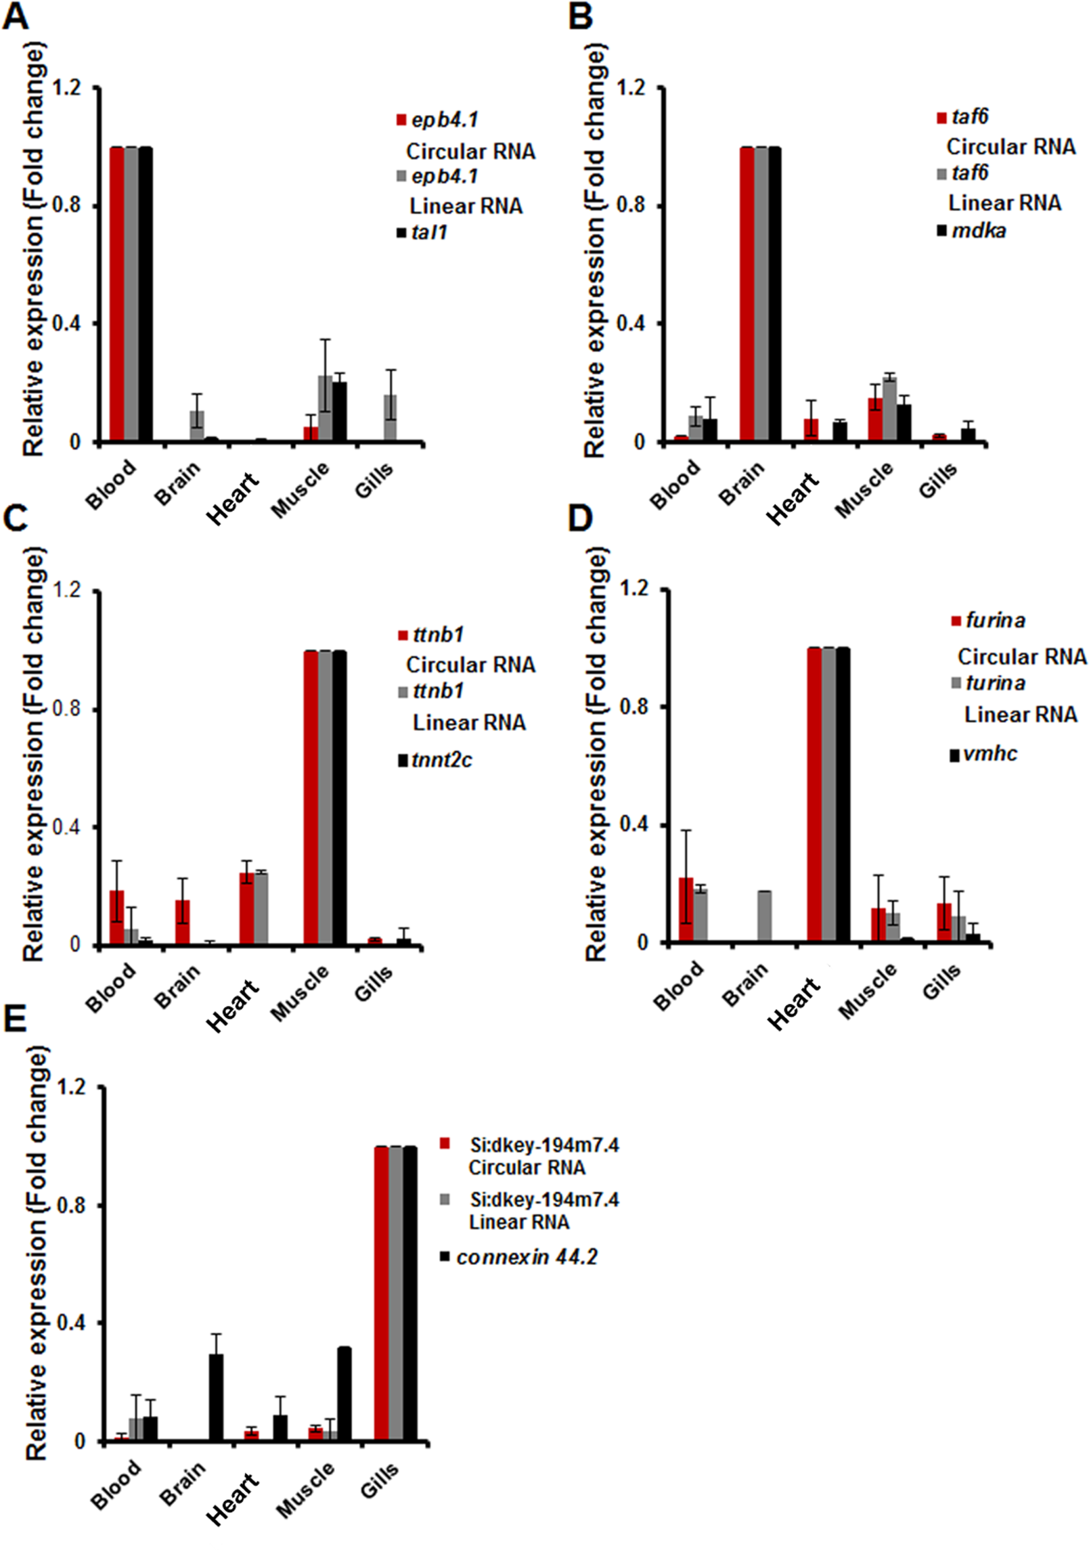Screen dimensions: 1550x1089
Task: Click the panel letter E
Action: tap(15, 1018)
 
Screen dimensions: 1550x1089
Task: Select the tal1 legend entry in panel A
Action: tap(429, 233)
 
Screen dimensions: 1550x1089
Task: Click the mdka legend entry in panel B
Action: tap(978, 231)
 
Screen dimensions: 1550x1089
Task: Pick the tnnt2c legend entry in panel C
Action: tap(441, 760)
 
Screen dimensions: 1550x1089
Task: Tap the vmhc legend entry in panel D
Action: tap(990, 753)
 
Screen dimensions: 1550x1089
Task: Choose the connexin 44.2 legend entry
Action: tap(527, 1257)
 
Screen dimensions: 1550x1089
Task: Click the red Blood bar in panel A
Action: tap(116, 294)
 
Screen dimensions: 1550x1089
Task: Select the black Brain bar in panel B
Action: tap(774, 294)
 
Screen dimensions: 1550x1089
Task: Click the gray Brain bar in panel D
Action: tap(764, 916)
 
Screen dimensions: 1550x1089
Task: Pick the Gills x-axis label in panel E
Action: tap(380, 1480)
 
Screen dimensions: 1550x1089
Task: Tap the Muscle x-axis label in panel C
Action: tap(300, 992)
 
